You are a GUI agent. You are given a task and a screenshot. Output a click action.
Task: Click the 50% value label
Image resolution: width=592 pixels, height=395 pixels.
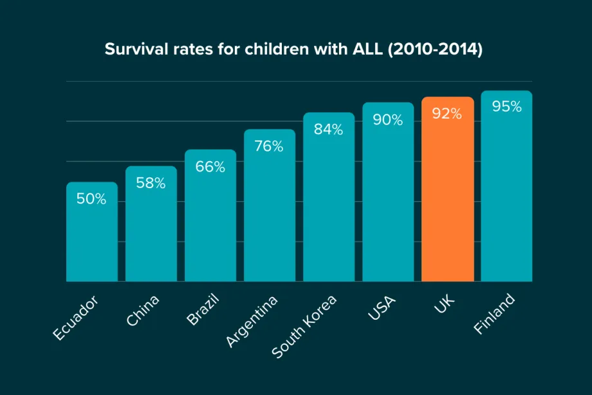(x=91, y=199)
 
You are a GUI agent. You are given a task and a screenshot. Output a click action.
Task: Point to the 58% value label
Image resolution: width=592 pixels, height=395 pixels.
(x=151, y=183)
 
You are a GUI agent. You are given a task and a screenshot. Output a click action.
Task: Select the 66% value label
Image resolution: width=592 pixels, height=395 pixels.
(x=210, y=167)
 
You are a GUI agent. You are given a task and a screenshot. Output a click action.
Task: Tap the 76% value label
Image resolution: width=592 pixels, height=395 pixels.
(x=269, y=146)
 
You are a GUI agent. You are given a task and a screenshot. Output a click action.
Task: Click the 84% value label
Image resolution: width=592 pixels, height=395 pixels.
(x=329, y=129)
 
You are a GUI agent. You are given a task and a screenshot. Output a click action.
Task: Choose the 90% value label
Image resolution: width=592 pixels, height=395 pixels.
(x=388, y=120)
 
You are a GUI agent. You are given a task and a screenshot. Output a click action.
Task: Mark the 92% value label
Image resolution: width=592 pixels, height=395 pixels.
(x=447, y=114)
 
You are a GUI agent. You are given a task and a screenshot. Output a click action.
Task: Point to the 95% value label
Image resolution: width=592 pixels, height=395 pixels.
(x=506, y=107)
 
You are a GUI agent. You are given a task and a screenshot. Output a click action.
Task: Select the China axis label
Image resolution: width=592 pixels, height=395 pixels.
(x=143, y=310)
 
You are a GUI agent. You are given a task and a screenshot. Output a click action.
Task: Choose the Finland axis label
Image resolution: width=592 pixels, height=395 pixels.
(x=495, y=314)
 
